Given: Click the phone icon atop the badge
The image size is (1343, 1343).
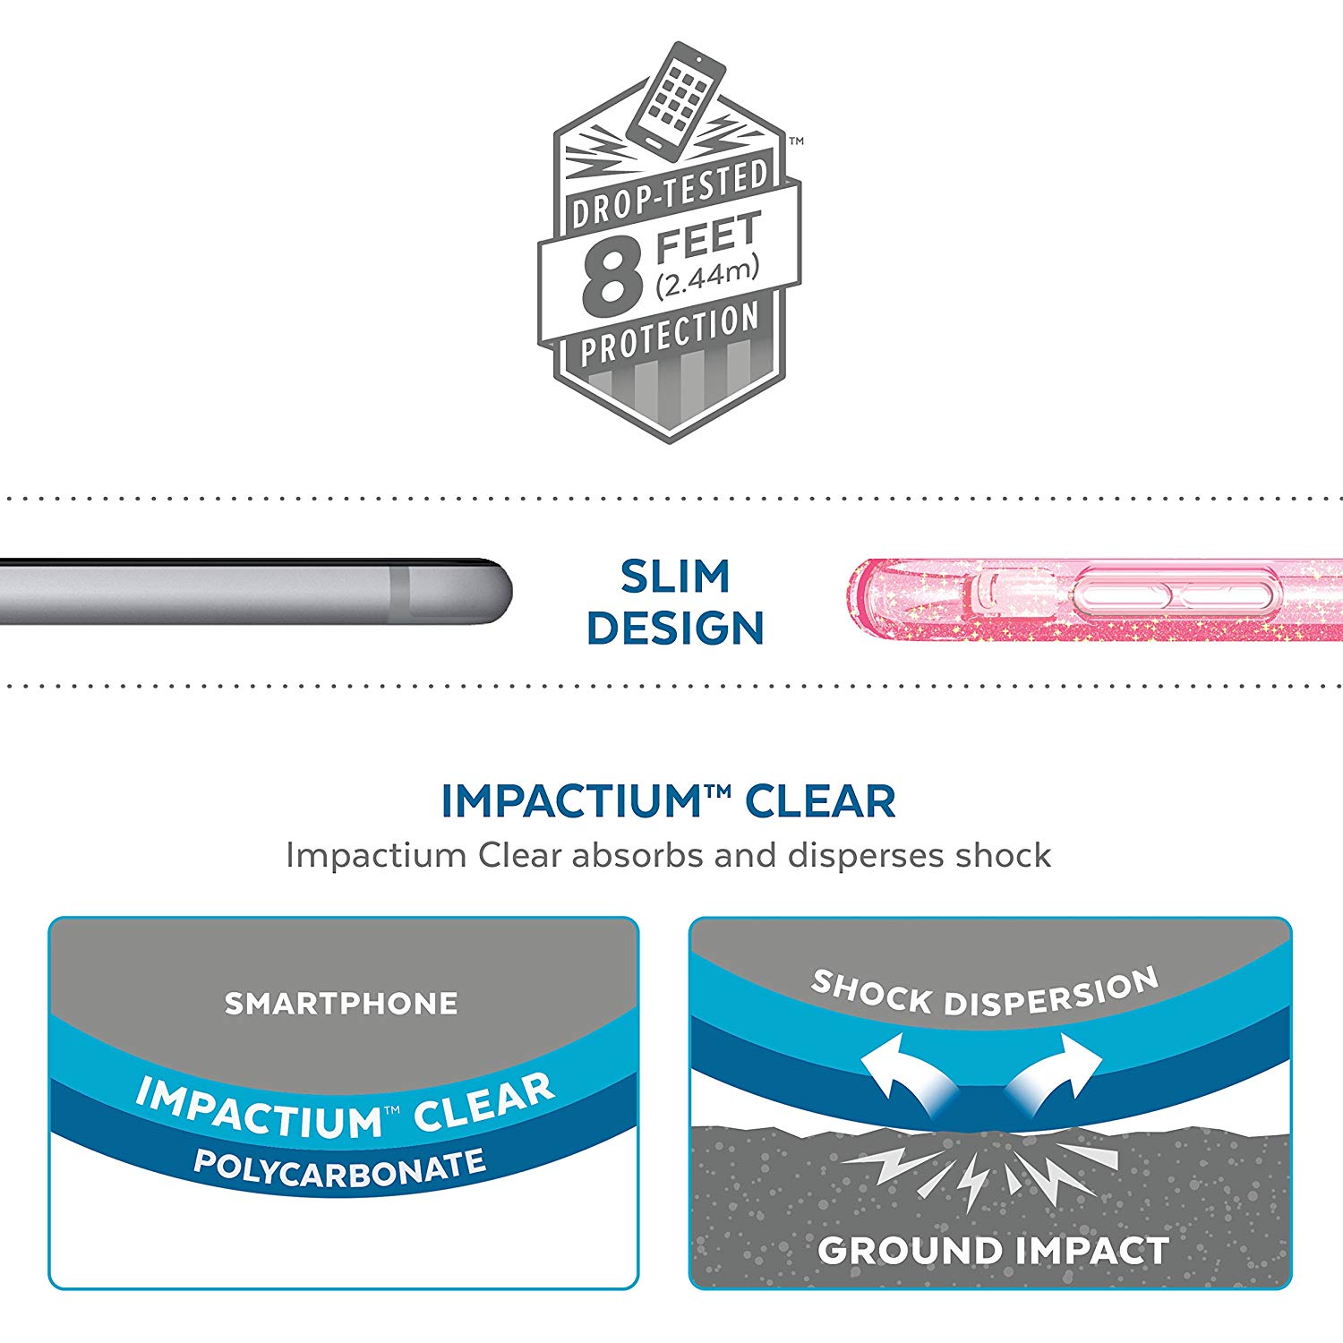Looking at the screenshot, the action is [676, 98].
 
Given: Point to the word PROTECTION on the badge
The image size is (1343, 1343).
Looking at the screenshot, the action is [670, 334].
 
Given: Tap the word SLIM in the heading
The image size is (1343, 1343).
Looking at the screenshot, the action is [675, 577].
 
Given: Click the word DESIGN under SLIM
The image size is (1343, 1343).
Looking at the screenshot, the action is [675, 628].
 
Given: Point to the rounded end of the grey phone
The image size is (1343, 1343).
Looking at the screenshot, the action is [501, 592].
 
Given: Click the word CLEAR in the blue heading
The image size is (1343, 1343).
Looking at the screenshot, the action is [820, 801].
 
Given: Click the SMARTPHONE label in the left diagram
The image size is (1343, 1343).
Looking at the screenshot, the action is [341, 1004].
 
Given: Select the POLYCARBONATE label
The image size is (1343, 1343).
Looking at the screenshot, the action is [340, 1168].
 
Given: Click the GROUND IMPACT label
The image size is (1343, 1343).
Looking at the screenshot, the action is [993, 1250].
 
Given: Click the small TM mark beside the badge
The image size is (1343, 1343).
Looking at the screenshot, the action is [796, 141].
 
